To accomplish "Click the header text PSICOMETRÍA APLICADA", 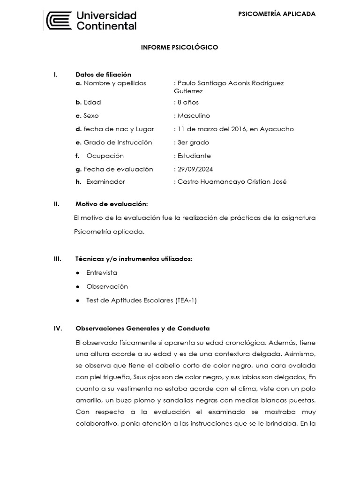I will tap(277, 14).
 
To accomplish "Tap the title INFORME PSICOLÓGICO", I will tap(180, 47).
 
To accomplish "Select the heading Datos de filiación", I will tap(103, 75).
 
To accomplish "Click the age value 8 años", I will tap(188, 102).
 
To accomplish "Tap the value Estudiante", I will tap(194, 156).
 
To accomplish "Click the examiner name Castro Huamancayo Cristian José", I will tap(232, 182).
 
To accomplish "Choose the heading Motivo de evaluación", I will tap(112, 204).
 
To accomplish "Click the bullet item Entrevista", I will tap(102, 272).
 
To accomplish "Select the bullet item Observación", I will tap(107, 286).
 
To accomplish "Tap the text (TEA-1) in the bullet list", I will tap(186, 300).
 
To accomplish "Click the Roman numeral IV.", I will tap(57, 328).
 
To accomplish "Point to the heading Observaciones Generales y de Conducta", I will tap(142, 328).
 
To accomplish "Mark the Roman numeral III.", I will tap(57, 259).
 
